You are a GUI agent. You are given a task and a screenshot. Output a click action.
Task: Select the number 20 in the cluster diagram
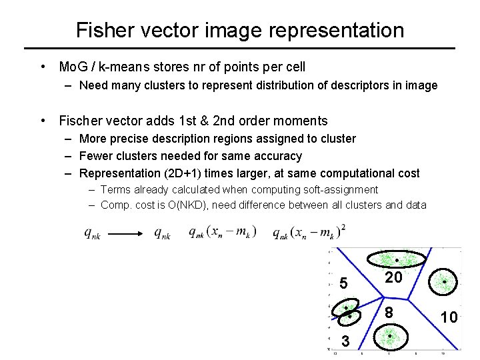[393, 277]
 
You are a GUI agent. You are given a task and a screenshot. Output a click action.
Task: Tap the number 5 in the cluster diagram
[343, 283]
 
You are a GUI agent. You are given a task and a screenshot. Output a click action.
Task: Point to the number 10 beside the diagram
[449, 317]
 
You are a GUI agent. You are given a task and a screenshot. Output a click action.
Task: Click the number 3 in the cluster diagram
[345, 341]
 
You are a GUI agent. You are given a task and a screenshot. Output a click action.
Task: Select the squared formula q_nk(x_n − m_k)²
[309, 231]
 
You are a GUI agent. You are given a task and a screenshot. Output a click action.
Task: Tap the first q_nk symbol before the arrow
[92, 233]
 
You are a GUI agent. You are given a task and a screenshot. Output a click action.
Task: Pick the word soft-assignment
[339, 190]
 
